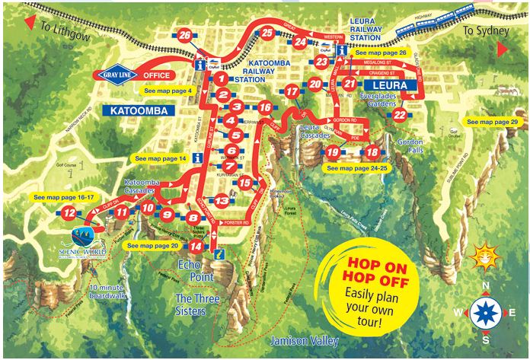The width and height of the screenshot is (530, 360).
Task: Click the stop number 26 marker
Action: pyautogui.click(x=185, y=35)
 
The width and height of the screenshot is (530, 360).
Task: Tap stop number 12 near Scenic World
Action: pyautogui.click(x=69, y=214)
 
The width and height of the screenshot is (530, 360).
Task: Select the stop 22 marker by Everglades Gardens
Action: pyautogui.click(x=400, y=115)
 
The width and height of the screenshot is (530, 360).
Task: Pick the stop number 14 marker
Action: pyautogui.click(x=196, y=247)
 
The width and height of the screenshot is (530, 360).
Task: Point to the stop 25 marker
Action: pyautogui.click(x=267, y=33)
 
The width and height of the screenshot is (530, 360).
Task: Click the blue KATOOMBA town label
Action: pyautogui.click(x=142, y=110)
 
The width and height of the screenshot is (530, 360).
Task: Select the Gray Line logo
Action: pyautogui.click(x=119, y=75)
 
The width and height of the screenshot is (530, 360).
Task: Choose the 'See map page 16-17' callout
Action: pyautogui.click(x=65, y=197)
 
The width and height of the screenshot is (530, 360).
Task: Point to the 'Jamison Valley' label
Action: pyautogui.click(x=302, y=341)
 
